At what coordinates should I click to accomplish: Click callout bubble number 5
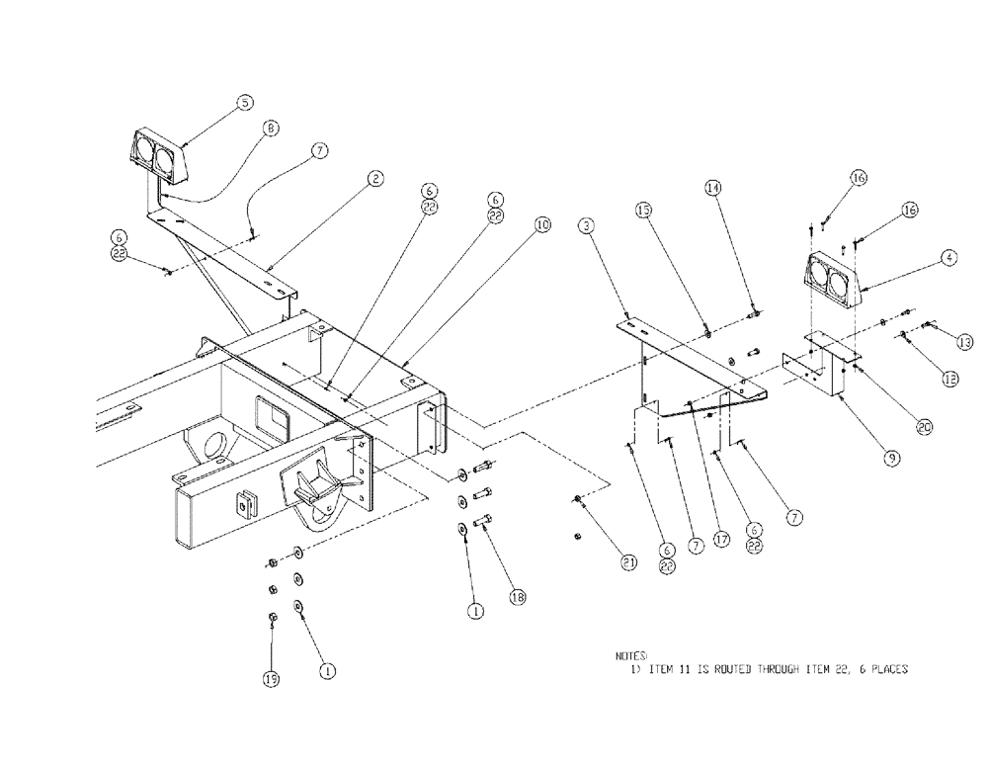244,102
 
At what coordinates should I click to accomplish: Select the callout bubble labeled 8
271,128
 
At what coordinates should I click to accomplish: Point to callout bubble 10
541,224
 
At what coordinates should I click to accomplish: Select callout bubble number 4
947,258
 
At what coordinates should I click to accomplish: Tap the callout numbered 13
964,341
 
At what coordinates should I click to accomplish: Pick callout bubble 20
924,428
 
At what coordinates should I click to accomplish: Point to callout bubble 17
722,540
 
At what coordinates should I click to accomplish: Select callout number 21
628,562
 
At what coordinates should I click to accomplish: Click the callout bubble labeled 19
271,678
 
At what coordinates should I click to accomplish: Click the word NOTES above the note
629,655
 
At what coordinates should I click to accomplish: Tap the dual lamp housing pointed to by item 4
833,280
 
